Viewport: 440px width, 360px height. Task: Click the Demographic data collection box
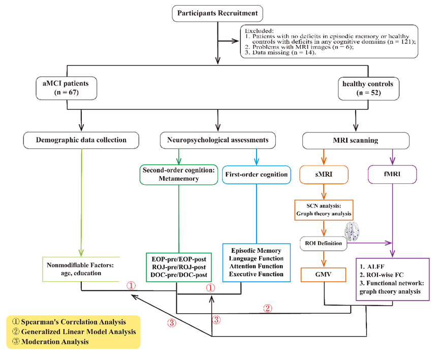click(81, 140)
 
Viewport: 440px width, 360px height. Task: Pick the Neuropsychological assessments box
click(218, 140)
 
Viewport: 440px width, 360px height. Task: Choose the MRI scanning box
click(356, 140)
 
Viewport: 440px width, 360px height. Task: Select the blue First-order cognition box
click(257, 175)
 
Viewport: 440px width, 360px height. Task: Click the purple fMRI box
click(391, 175)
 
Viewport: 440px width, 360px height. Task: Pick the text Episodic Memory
click(256, 250)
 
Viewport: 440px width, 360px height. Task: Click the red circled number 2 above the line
click(268, 308)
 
